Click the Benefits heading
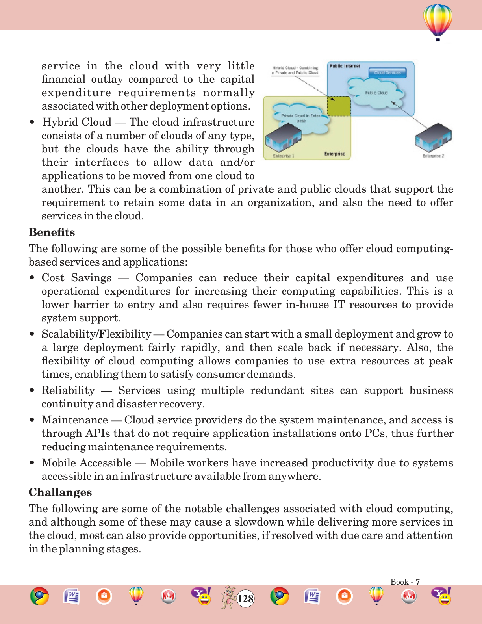[x=52, y=232]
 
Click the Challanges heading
[x=60, y=492]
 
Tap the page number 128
[x=246, y=599]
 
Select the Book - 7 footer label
[x=405, y=582]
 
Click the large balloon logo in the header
[x=438, y=22]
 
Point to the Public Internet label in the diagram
[x=345, y=66]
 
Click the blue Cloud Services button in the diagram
[x=387, y=73]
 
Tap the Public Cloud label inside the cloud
[x=376, y=93]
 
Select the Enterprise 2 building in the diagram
[x=434, y=137]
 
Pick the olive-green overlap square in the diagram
[x=339, y=106]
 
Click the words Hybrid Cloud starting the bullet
[x=77, y=122]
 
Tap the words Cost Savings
[x=76, y=278]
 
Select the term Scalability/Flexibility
[x=96, y=334]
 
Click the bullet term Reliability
[x=68, y=390]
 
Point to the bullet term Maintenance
[x=75, y=420]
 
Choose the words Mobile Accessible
[x=87, y=463]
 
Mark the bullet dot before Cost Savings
[x=32, y=278]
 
